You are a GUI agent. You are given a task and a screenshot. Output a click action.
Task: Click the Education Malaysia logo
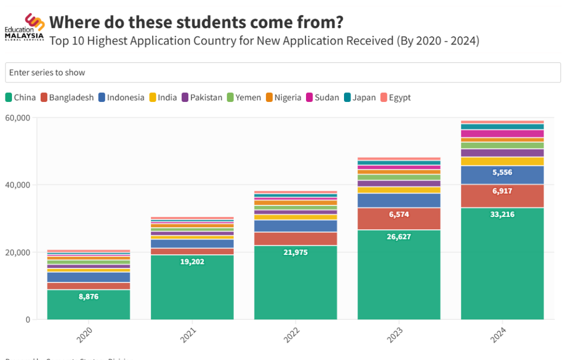[x=24, y=28]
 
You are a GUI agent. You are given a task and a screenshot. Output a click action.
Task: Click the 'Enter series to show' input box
[x=283, y=73]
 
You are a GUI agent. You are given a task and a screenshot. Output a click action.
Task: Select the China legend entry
[x=21, y=98]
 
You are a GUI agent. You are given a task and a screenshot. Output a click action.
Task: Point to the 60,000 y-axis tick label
[x=17, y=118]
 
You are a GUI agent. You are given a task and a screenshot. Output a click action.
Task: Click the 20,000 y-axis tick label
[x=17, y=252]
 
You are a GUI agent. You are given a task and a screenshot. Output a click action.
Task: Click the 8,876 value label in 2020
[x=88, y=297]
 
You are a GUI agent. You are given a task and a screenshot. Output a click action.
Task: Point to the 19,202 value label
[x=192, y=261]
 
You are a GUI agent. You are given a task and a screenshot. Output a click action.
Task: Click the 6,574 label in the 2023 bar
[x=399, y=214]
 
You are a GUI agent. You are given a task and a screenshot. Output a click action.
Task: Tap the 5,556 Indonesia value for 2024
[x=502, y=172]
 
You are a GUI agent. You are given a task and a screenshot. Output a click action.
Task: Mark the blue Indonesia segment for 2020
[x=88, y=277]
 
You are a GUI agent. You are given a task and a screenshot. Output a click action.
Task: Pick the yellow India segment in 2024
[x=502, y=161]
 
